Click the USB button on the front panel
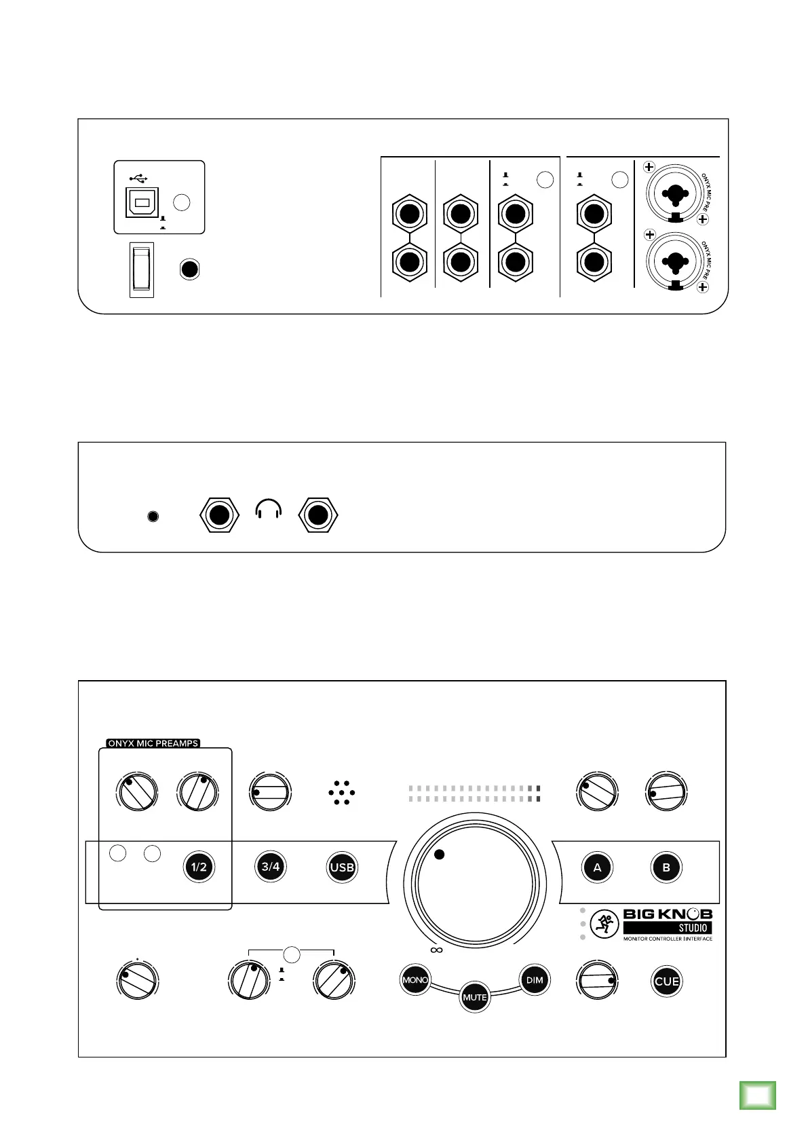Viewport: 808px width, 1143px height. click(x=342, y=867)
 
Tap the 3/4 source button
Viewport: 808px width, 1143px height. click(x=270, y=867)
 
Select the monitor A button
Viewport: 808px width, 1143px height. click(x=597, y=867)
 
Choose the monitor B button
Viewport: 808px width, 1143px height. click(x=666, y=867)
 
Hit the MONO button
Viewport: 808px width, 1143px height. click(x=415, y=980)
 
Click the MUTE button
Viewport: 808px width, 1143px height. click(x=475, y=997)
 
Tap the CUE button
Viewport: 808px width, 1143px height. click(x=666, y=981)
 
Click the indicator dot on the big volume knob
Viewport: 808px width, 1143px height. click(x=439, y=855)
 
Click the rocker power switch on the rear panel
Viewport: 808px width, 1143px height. click(x=142, y=269)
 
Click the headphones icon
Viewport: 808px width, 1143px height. click(x=268, y=509)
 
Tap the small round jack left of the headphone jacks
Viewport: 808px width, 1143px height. click(x=153, y=517)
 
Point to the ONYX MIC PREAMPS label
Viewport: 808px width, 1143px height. click(x=153, y=743)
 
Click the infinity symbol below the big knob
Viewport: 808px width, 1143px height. click(x=436, y=950)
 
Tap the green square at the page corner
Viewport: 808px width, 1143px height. click(x=757, y=1094)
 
